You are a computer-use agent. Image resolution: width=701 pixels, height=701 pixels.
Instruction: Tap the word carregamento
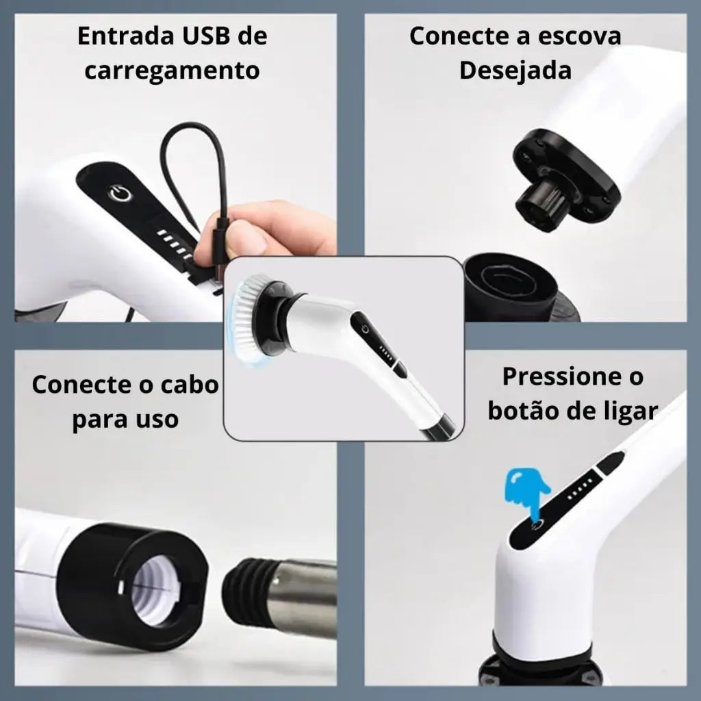(x=172, y=71)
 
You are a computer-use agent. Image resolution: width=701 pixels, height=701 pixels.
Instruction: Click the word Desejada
(x=515, y=71)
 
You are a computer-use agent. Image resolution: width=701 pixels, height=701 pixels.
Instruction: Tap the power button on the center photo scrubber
(x=366, y=329)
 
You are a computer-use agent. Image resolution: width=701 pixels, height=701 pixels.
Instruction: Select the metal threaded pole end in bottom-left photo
(x=288, y=596)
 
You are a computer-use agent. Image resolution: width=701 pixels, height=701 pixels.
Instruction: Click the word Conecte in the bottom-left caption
(x=75, y=385)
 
